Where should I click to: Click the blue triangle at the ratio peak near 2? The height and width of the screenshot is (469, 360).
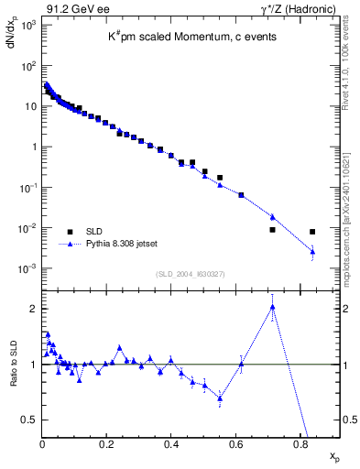click(273, 307)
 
